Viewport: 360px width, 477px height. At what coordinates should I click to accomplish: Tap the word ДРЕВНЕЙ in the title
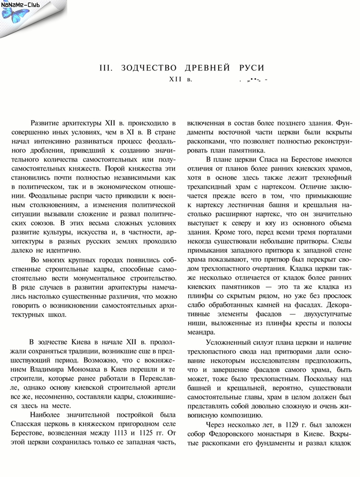point(206,68)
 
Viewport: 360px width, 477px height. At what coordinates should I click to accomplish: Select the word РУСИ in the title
point(249,68)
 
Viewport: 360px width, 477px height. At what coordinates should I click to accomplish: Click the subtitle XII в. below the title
point(180,79)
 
